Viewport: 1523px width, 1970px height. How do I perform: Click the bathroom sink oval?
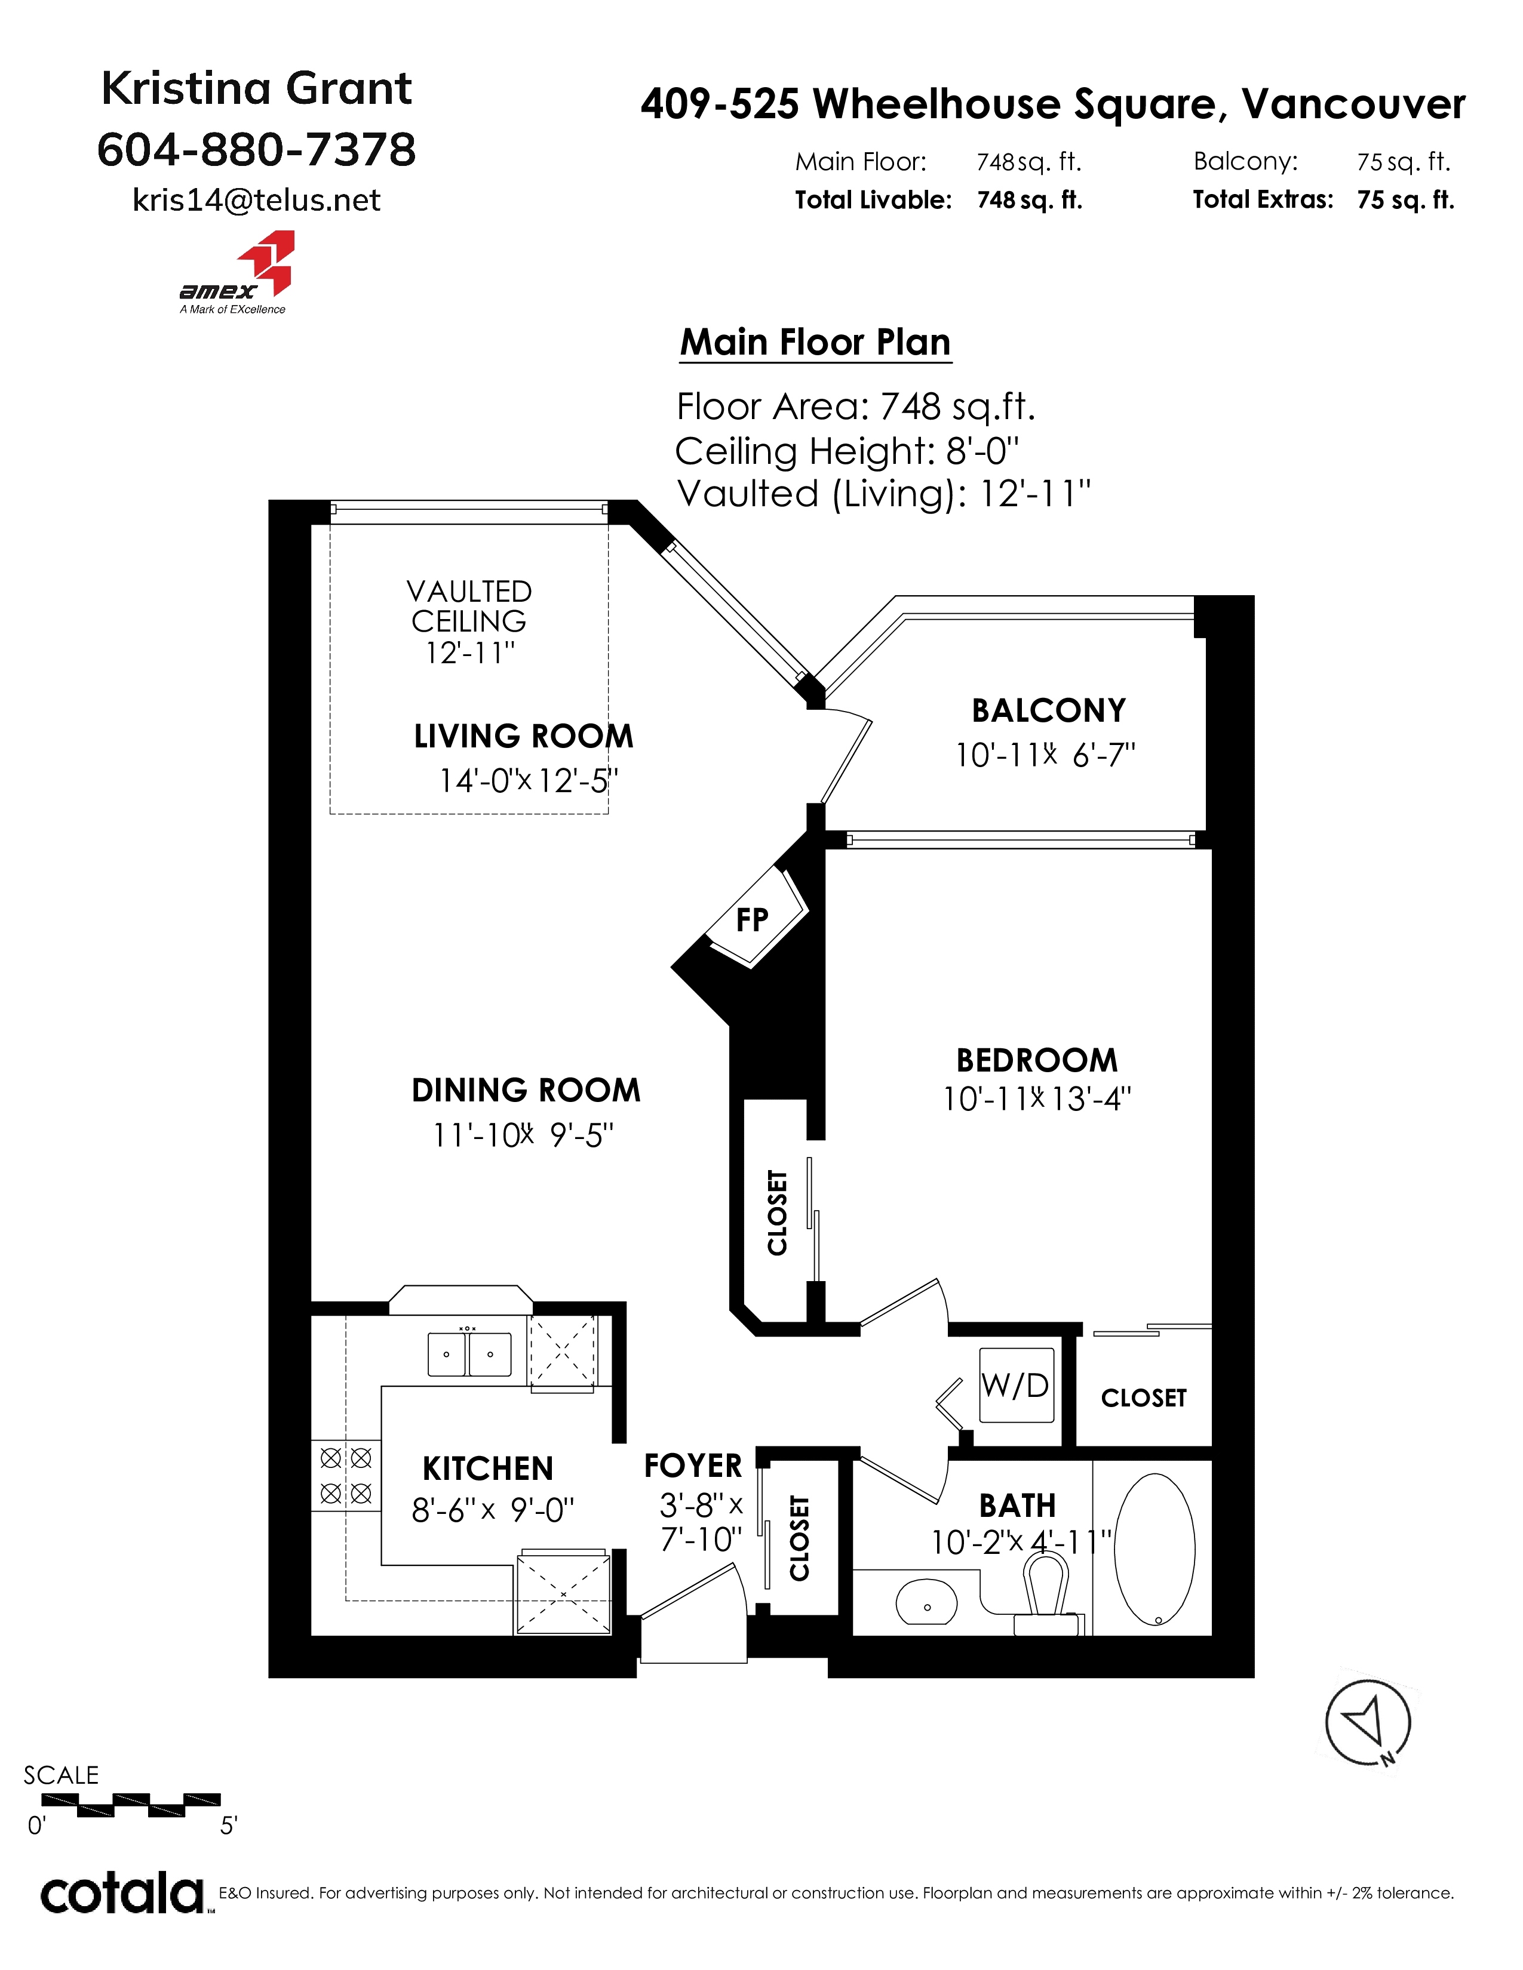coord(926,1605)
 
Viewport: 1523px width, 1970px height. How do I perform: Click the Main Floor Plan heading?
coord(816,343)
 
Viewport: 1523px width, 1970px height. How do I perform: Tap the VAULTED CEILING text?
coord(469,606)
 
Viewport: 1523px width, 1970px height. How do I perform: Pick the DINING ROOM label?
coord(526,1091)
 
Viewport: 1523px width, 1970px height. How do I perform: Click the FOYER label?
coord(693,1466)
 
